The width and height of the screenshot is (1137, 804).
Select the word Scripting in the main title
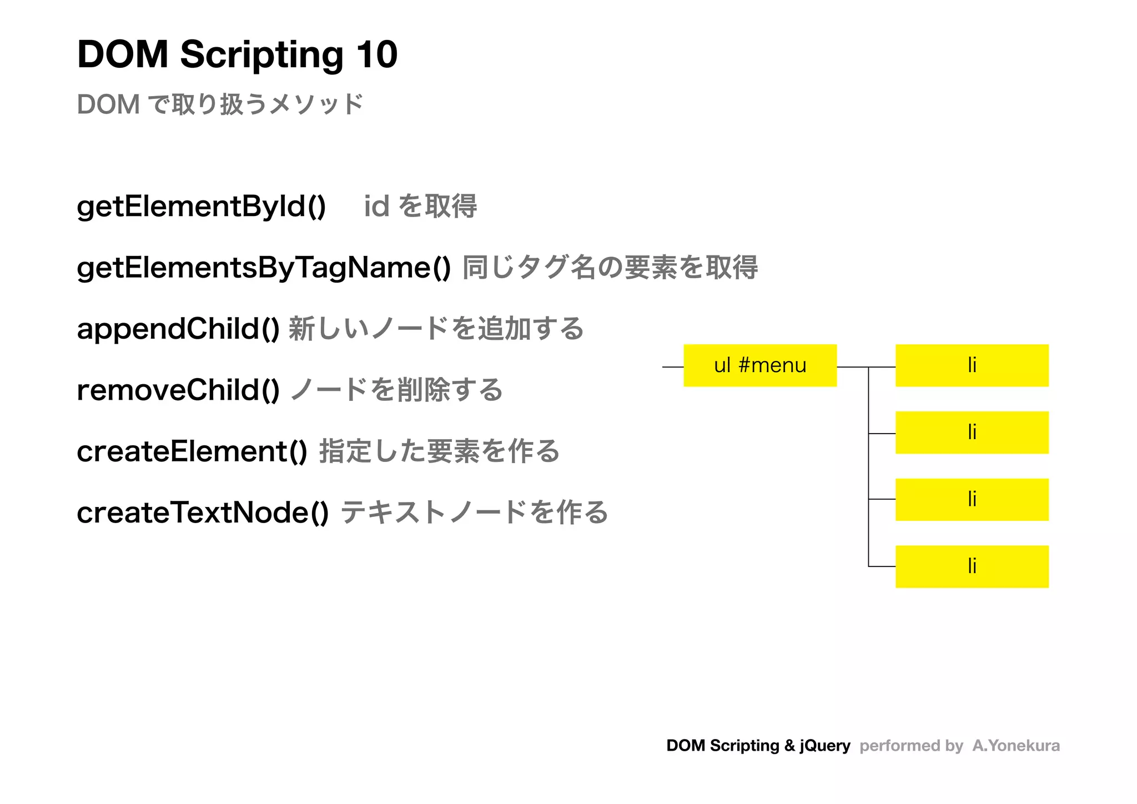coord(261,56)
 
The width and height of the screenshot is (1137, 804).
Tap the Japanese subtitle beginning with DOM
coord(220,104)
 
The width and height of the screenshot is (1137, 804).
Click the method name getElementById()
coord(201,207)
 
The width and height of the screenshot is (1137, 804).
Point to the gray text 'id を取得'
coord(420,207)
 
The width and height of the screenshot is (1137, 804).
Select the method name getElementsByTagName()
coord(264,268)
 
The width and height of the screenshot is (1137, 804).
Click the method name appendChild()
coord(178,329)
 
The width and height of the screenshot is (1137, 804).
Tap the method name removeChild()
coord(178,390)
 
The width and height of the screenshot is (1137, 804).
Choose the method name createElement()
coord(192,451)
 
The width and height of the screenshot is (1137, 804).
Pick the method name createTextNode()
coord(203,512)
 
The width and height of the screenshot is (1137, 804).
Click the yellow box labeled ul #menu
coord(759,365)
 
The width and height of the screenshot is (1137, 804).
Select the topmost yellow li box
coord(972,365)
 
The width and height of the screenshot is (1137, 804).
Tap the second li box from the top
coord(972,433)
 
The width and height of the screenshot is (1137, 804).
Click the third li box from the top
coord(972,499)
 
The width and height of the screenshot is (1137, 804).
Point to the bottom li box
coord(972,566)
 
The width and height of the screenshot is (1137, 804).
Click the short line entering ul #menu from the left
coord(672,367)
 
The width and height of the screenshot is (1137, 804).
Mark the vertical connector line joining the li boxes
coord(868,466)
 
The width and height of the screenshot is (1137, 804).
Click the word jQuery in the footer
coord(824,746)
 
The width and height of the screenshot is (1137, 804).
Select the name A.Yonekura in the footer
coord(1015,746)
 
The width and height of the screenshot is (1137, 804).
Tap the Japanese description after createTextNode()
coord(474,512)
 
